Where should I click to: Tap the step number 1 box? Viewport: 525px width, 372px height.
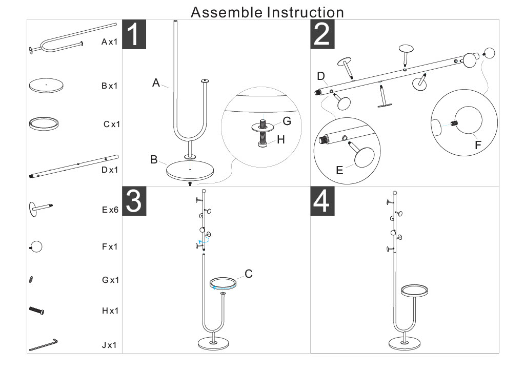point(134,35)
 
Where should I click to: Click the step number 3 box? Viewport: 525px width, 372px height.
point(134,201)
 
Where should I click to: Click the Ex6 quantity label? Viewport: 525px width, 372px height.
point(109,210)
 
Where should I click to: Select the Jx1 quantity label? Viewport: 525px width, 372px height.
point(109,345)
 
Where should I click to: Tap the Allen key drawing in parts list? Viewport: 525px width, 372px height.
point(44,344)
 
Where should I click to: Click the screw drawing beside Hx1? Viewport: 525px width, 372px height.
point(37,310)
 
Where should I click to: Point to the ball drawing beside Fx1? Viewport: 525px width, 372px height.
point(36,246)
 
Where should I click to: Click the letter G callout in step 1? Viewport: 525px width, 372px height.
point(287,121)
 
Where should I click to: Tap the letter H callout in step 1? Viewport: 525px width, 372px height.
point(280,139)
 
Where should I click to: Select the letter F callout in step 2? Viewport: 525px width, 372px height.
point(478,145)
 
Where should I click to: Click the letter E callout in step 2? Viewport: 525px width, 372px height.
point(339,170)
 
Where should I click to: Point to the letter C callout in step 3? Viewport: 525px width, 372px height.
point(249,274)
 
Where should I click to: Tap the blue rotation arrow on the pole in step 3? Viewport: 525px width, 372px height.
point(204,241)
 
